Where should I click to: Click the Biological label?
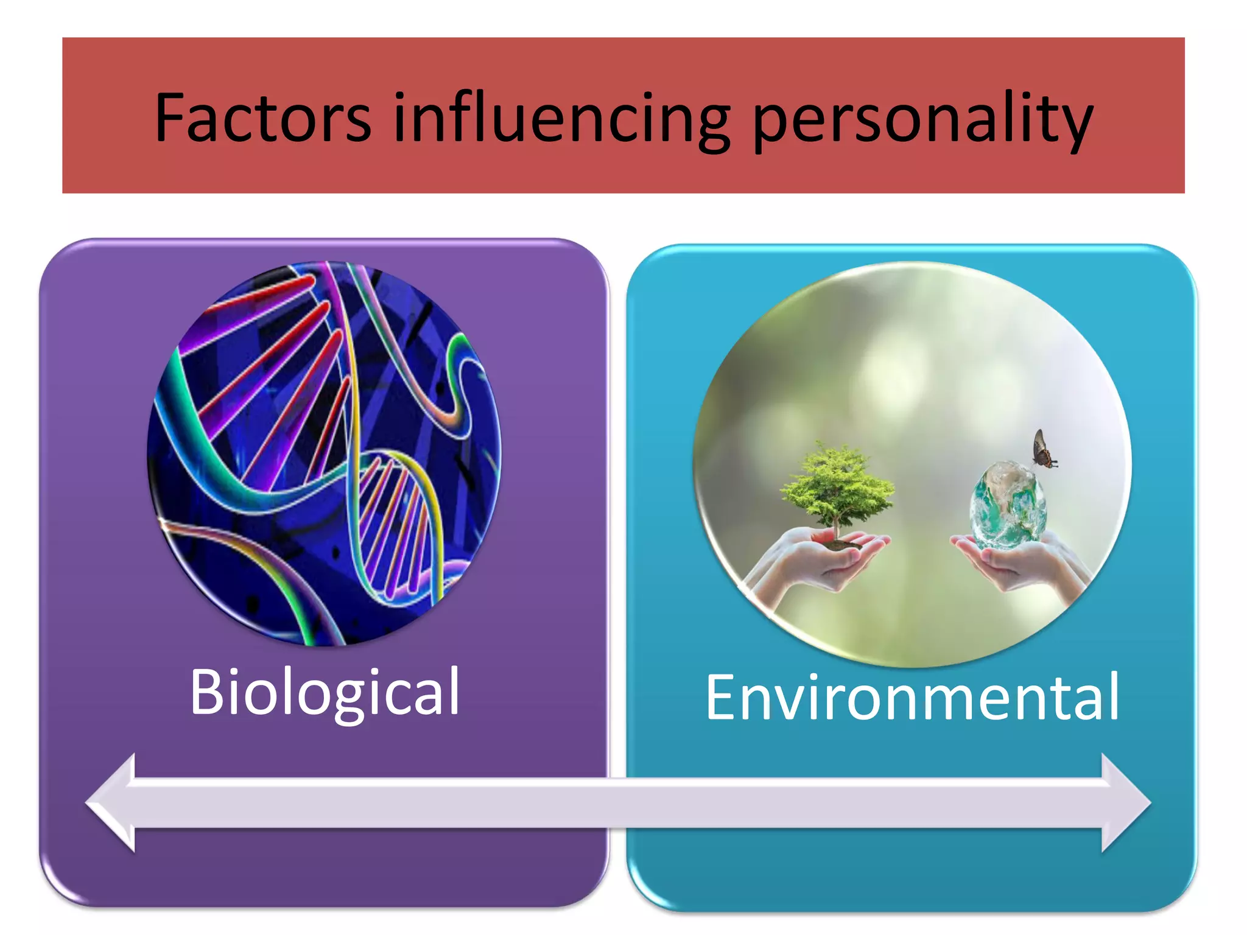325,693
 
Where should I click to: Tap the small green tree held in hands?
837,484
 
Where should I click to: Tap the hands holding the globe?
1023,563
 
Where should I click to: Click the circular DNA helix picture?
324,453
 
